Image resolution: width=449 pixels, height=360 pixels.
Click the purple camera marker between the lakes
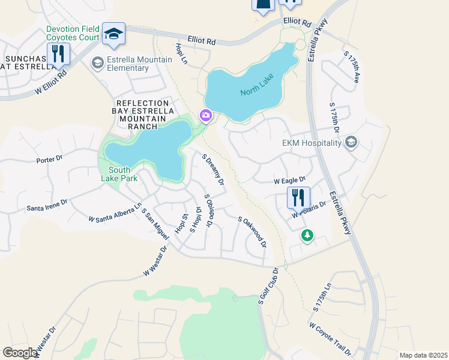(x=206, y=115)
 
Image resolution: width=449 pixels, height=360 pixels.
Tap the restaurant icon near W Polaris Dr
(x=298, y=197)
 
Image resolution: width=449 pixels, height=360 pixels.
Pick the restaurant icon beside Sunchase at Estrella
(x=58, y=53)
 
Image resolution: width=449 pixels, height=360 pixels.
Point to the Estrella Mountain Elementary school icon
(x=97, y=62)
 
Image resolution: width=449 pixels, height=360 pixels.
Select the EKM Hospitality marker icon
(x=351, y=142)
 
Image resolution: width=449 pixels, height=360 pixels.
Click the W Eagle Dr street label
(x=290, y=179)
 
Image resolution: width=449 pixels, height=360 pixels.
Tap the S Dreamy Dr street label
(x=213, y=170)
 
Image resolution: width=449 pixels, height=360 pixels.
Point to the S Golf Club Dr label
(x=269, y=286)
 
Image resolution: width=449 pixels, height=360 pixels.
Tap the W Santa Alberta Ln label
(x=115, y=212)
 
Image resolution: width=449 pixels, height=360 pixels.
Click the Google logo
(x=20, y=353)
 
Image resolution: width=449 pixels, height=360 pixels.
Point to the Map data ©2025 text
(x=423, y=355)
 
